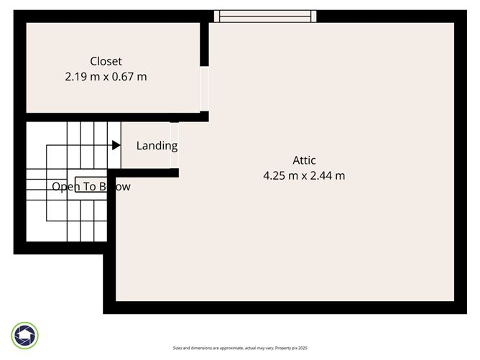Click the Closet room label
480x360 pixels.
pos(106,61)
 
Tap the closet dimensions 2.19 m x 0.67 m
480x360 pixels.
pos(106,76)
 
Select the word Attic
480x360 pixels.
pos(304,160)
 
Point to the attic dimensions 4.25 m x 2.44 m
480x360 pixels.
pos(304,175)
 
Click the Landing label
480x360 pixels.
pos(157,146)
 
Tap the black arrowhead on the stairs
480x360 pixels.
pos(116,145)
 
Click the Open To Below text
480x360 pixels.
pos(91,187)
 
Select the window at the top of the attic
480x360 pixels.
pos(265,16)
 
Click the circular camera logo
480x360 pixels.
pos(25,336)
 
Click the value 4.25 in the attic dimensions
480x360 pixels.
pos(275,175)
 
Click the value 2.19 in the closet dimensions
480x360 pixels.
pos(75,76)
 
